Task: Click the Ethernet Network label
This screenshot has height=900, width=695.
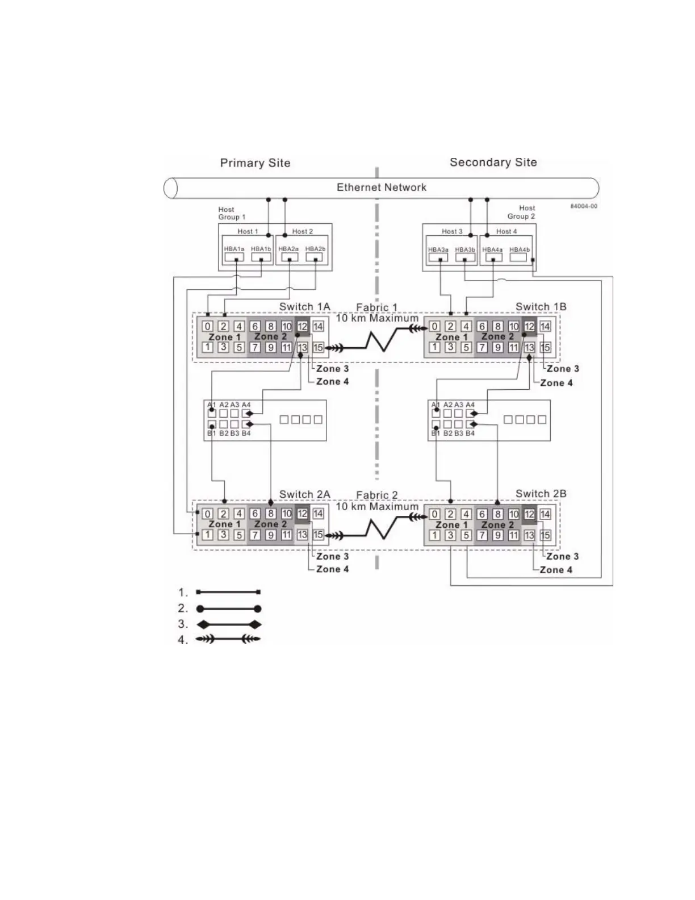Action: [x=381, y=188]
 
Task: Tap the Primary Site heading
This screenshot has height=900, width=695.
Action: [x=255, y=163]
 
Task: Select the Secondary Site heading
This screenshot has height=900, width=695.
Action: [x=493, y=163]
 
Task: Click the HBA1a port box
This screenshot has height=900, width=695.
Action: [x=234, y=257]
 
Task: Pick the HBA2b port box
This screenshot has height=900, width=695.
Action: [x=314, y=257]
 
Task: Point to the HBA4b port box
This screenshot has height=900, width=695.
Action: [x=518, y=257]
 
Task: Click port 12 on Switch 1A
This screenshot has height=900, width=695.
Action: [x=303, y=326]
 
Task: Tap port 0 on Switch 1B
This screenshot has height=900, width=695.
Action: [x=434, y=326]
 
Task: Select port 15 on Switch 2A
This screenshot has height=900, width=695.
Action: [x=318, y=535]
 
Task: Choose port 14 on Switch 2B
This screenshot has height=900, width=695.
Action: [x=545, y=514]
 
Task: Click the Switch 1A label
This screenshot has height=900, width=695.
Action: [x=304, y=307]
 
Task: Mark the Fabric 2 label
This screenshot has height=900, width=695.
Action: [x=377, y=495]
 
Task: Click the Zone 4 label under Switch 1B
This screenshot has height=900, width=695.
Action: [x=556, y=383]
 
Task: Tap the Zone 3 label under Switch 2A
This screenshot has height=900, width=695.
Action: [x=332, y=557]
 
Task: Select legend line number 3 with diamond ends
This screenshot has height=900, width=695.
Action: [x=228, y=625]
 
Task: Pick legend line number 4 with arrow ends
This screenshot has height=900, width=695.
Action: [x=228, y=639]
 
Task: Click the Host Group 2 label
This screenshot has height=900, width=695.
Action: [x=521, y=213]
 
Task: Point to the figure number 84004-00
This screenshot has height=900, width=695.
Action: [x=584, y=206]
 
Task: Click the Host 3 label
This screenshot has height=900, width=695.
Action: [x=452, y=231]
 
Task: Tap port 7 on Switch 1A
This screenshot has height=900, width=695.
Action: [x=256, y=348]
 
